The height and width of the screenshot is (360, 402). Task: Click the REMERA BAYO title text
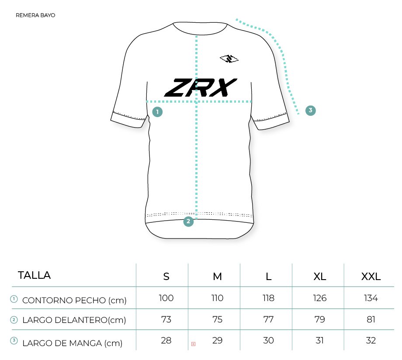(35, 15)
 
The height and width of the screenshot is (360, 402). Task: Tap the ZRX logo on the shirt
(201, 88)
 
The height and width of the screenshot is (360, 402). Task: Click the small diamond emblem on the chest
(229, 59)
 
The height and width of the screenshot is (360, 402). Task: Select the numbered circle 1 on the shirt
(157, 112)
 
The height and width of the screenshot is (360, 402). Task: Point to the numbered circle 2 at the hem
(188, 221)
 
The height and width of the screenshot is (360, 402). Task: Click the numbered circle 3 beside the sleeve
(311, 110)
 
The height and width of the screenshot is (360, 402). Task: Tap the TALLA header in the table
(34, 275)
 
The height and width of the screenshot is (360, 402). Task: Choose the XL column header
(320, 277)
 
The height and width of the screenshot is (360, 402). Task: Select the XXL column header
(371, 277)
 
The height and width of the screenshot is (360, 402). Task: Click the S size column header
(166, 277)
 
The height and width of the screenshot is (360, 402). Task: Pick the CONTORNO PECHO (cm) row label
(74, 300)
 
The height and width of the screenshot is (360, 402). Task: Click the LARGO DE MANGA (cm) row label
(72, 343)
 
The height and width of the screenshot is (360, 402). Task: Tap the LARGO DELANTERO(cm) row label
(74, 320)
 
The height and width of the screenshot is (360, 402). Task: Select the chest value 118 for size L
(268, 298)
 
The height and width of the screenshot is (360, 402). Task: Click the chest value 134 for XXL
(371, 298)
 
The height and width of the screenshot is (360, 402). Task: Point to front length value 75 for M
(217, 319)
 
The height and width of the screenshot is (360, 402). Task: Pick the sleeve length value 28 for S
(166, 340)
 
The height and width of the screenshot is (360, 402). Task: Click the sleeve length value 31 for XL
(320, 340)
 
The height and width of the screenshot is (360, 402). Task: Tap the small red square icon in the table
(193, 344)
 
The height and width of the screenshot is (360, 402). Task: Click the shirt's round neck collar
(200, 33)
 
